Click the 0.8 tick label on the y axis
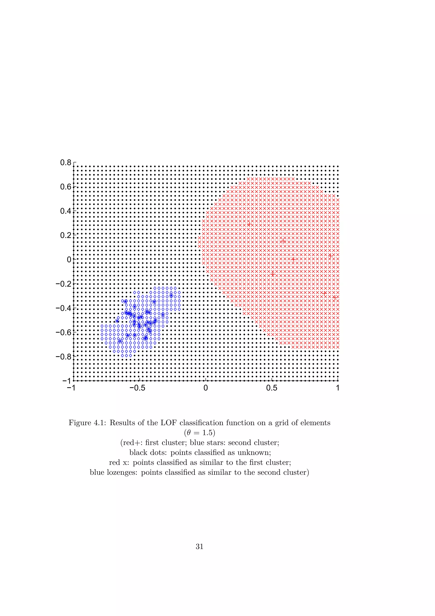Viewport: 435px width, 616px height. [66, 163]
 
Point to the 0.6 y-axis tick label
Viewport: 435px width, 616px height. [66, 187]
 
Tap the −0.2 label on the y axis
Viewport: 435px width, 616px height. [63, 284]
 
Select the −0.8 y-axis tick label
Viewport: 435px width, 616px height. [63, 356]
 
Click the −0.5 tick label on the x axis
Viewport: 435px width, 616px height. [137, 388]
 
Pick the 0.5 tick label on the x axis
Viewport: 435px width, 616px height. [272, 388]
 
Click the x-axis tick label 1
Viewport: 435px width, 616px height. [338, 388]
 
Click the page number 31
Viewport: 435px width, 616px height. [200, 546]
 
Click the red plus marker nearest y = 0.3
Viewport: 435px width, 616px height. [250, 224]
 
